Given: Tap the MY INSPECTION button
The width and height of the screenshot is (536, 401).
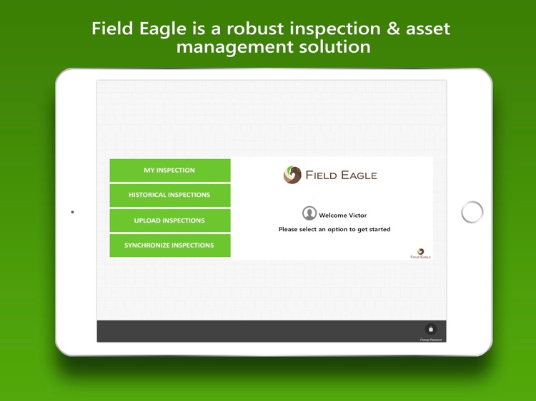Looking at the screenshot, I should [x=169, y=171].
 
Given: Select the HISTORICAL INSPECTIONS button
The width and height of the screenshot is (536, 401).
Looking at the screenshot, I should [x=169, y=195].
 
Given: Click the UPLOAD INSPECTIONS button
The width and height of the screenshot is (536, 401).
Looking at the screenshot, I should [x=169, y=220].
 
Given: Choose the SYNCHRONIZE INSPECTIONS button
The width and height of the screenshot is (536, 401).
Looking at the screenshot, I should [x=169, y=245].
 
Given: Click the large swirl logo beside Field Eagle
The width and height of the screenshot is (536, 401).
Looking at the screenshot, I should [x=292, y=175].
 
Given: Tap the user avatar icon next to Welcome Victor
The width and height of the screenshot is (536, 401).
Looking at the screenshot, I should [x=309, y=213].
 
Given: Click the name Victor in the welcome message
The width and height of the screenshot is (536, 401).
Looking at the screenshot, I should [x=357, y=215].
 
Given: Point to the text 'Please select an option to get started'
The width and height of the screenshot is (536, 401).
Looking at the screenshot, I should [x=334, y=229].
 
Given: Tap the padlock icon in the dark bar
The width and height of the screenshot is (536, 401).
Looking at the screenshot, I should [x=431, y=329].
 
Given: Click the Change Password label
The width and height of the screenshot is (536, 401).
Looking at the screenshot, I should [x=431, y=340].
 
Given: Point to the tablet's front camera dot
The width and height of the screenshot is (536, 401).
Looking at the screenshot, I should [x=72, y=212].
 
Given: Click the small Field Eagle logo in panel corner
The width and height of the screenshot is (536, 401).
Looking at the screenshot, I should [x=420, y=253].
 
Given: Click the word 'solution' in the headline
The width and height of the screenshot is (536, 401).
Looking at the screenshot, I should [x=335, y=48].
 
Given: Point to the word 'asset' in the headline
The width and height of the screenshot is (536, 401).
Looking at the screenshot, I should [x=427, y=29].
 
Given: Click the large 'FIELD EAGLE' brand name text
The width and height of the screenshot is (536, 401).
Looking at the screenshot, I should [x=341, y=175].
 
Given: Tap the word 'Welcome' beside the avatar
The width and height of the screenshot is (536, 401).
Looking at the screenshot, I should [x=333, y=215].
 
